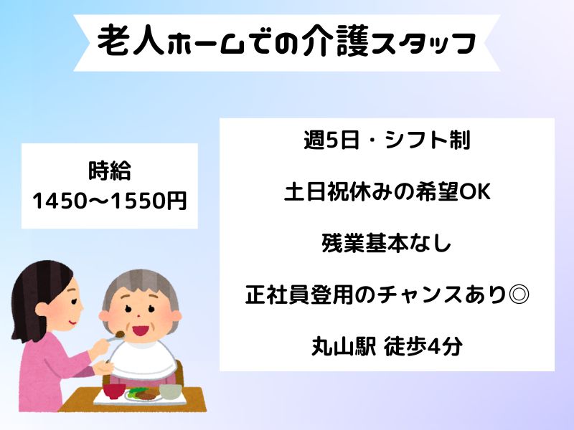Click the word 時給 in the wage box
110,171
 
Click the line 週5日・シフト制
387,140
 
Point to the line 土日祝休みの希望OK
387,191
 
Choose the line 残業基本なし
386,243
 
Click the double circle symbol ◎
519,294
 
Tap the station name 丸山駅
344,345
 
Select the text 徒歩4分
423,345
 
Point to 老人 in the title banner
131,41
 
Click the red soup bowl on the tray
114,390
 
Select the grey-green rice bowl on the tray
171,391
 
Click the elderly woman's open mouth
140,330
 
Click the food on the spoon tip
120,334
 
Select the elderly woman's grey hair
140,288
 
